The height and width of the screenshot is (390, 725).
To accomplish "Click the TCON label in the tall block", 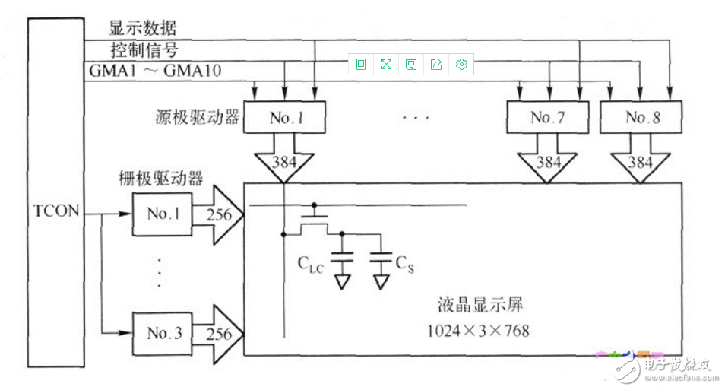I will point(57,211).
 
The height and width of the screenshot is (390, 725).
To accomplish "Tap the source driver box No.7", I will point(547,118).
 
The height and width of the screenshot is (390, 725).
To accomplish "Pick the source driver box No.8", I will point(641,118).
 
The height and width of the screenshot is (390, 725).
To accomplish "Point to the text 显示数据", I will point(143,29).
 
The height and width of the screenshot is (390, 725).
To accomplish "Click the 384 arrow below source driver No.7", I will point(547,163).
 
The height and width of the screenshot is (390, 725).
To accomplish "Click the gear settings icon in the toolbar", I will point(461,65).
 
